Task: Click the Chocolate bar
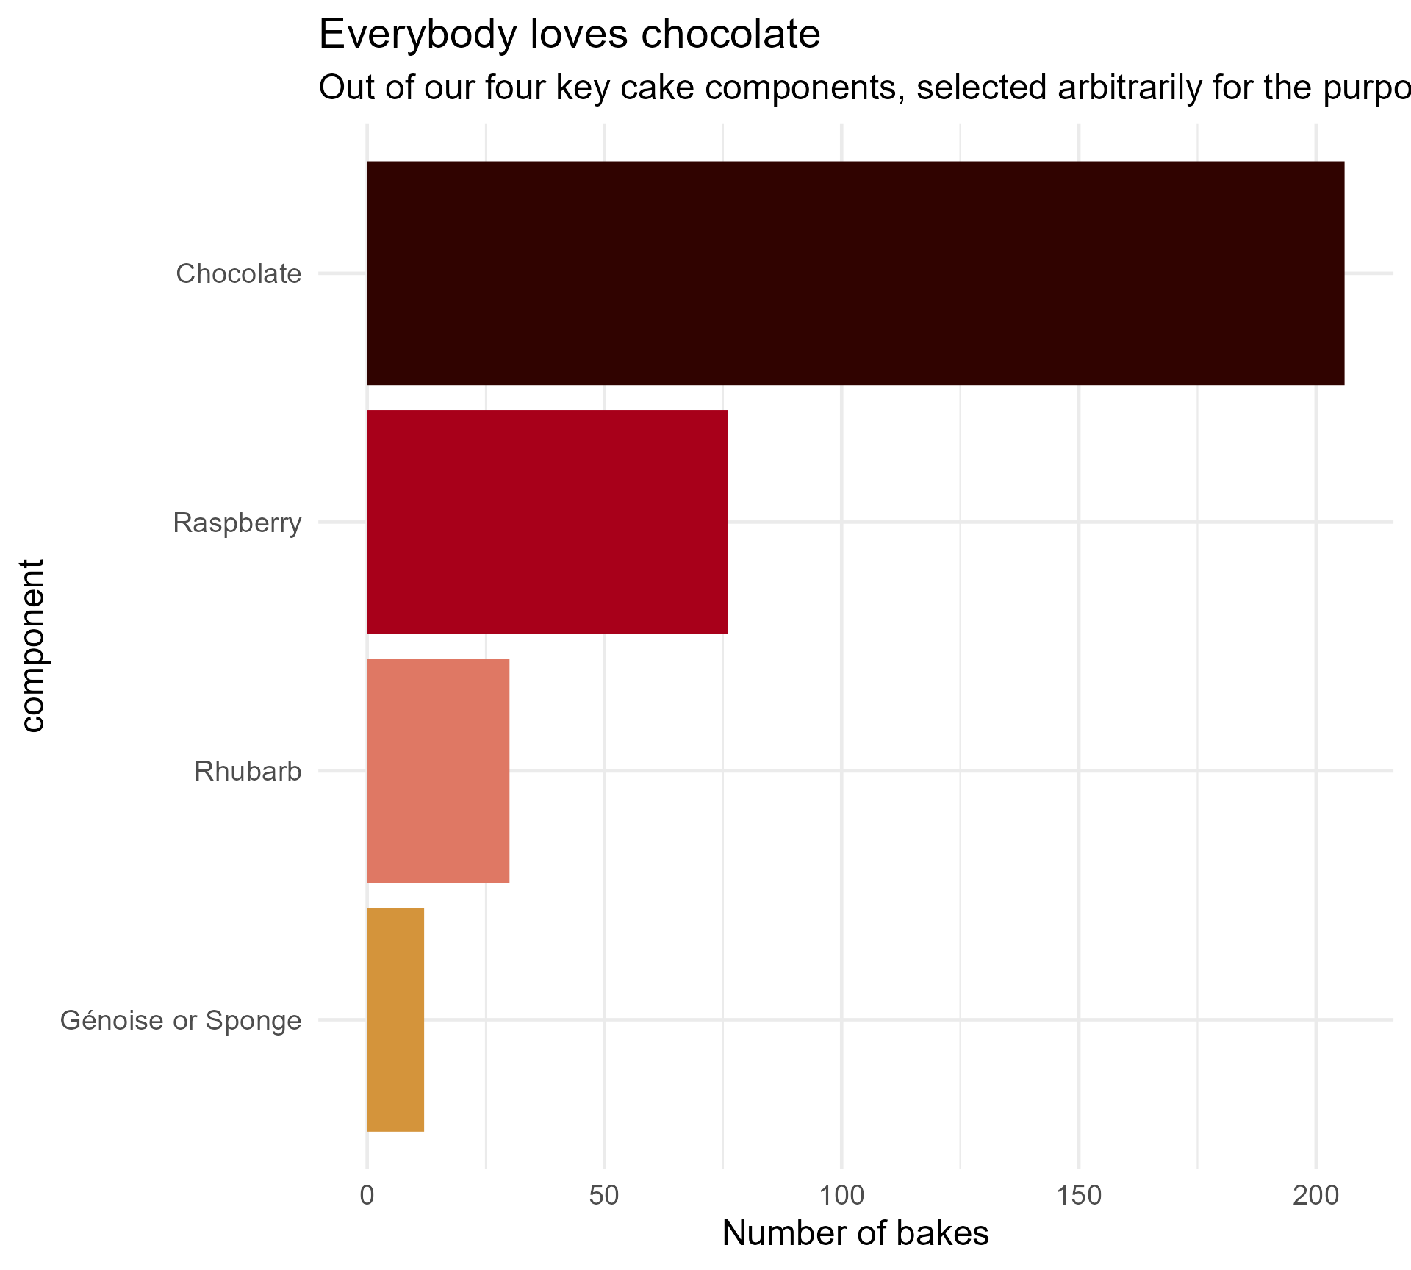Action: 855,273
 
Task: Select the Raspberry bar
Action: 547,522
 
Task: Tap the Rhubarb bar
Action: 438,770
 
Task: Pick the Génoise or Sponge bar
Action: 395,1019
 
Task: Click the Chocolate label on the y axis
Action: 239,274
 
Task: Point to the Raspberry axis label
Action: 237,523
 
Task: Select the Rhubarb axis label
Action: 248,772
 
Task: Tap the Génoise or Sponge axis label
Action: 181,1021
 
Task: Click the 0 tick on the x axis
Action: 367,1196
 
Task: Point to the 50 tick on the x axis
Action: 604,1196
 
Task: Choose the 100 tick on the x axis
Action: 841,1196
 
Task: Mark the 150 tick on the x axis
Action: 1079,1196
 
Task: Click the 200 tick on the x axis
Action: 1316,1196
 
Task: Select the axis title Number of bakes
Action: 855,1234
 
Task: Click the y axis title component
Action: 33,646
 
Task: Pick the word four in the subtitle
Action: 514,88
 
